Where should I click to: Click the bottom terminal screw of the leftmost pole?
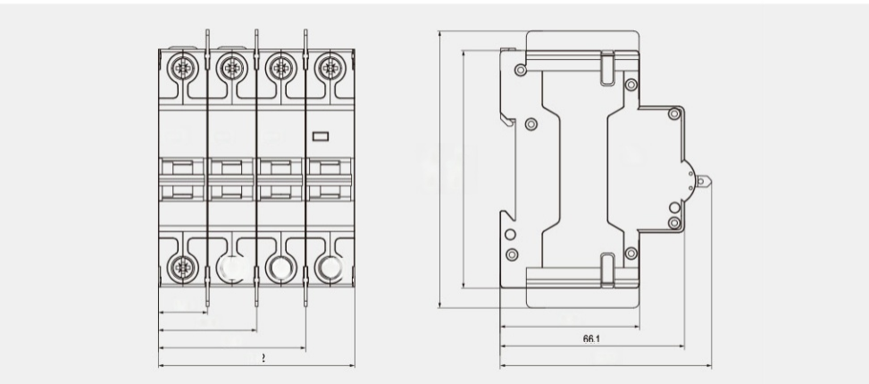(x=182, y=265)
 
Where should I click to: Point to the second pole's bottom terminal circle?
(x=231, y=266)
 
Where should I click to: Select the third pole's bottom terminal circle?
(x=280, y=266)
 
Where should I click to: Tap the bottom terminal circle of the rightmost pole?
(x=330, y=266)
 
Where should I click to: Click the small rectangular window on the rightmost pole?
(x=321, y=136)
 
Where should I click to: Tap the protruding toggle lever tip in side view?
(x=706, y=185)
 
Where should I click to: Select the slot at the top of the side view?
(x=606, y=65)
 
